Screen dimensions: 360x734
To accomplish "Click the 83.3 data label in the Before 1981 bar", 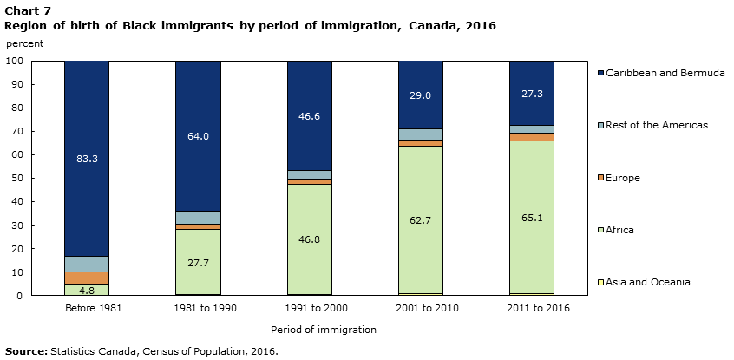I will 87,159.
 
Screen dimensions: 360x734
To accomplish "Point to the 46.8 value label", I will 309,239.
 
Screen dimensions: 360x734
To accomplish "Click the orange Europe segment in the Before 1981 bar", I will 87,278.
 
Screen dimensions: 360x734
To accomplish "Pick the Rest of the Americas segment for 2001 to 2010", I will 420,134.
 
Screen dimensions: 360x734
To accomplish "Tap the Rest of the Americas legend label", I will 659,125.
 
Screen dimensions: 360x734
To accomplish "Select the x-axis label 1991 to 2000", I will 309,308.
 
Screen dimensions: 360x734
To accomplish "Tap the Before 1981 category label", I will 87,308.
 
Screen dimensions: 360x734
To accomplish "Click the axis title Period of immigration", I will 323,330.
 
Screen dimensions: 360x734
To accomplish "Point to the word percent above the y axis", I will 23,43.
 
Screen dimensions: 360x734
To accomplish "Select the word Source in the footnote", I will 25,351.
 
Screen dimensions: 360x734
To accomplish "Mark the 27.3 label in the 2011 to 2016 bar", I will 531,93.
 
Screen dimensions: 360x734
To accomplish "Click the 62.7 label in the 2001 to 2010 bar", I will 420,220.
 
